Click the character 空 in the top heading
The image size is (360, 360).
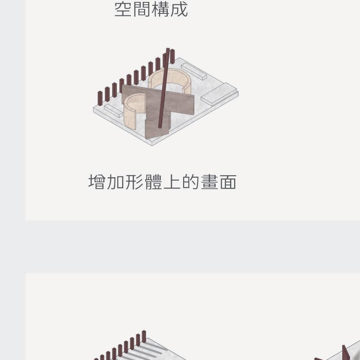(x=123, y=9)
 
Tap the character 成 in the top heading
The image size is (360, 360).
(x=179, y=9)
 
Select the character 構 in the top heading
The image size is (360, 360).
(x=160, y=9)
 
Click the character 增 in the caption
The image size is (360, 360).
(x=97, y=182)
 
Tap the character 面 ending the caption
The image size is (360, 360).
(x=228, y=182)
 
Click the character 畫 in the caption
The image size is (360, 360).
(x=209, y=182)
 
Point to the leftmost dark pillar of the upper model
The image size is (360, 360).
(x=100, y=97)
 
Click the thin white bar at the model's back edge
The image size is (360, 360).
(x=194, y=71)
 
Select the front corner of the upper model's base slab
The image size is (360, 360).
(x=152, y=143)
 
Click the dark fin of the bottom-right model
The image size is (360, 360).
(x=346, y=353)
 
